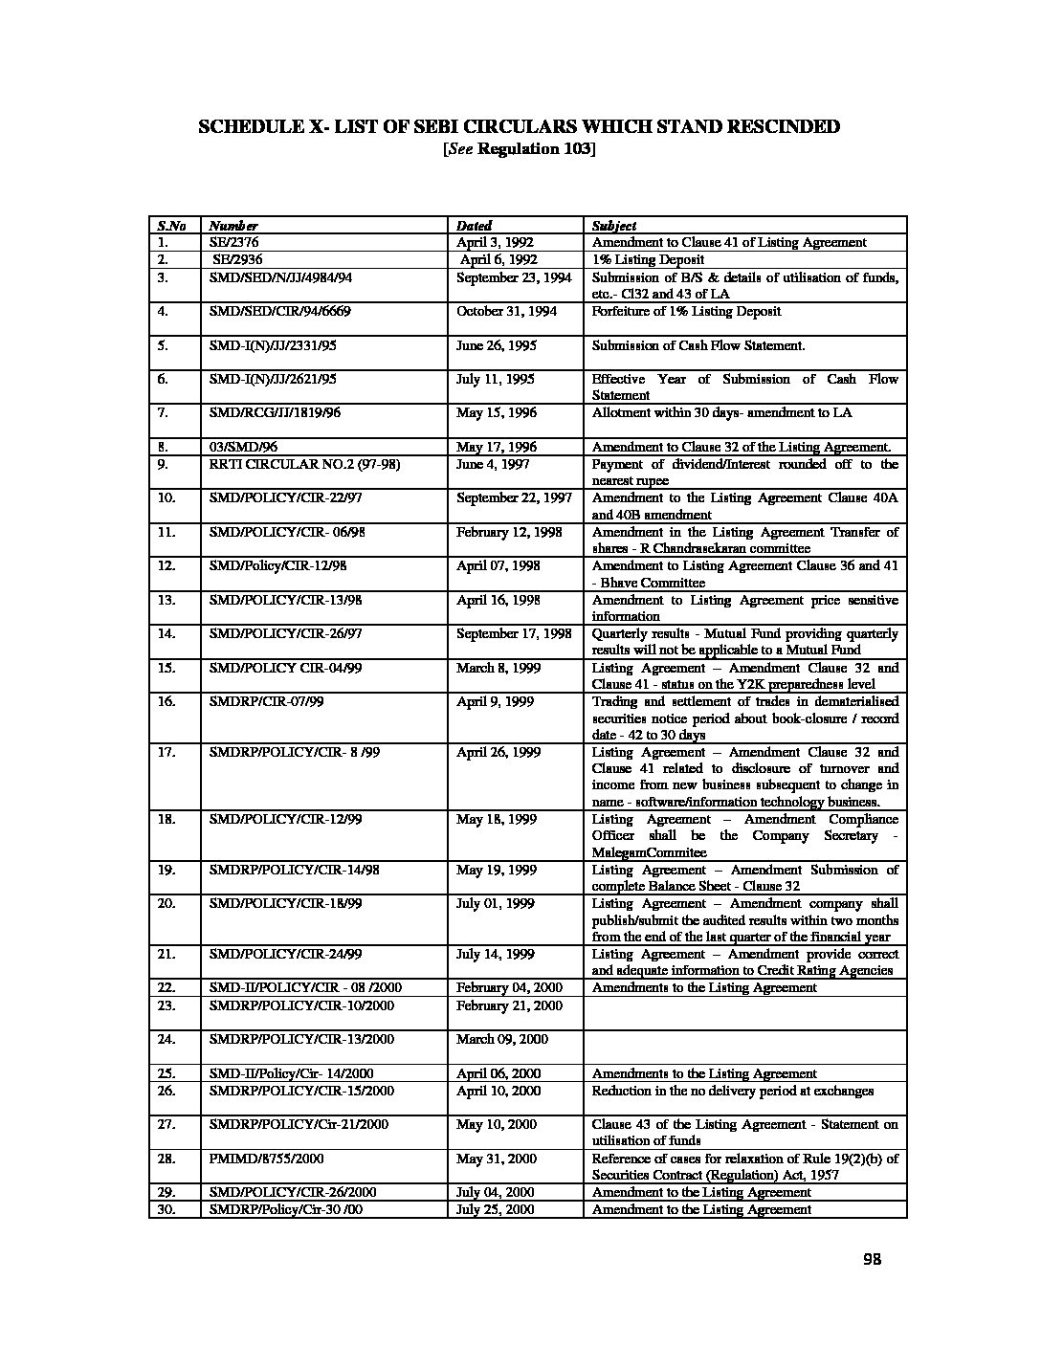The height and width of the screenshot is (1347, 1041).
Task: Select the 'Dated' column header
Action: [x=474, y=226]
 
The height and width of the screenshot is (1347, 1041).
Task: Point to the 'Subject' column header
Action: [x=613, y=226]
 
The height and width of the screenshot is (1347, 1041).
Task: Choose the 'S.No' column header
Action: [x=171, y=226]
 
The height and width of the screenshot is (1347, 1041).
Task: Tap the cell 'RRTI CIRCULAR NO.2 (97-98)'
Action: [x=304, y=464]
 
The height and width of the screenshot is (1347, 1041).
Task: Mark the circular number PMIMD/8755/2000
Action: [x=267, y=1159]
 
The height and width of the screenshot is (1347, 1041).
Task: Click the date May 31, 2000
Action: [x=491, y=1159]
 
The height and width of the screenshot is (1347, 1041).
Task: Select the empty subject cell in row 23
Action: [x=744, y=1013]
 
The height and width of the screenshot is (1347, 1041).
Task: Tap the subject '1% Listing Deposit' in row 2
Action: [x=648, y=259]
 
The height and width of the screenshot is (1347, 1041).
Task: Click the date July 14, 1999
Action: [x=490, y=954]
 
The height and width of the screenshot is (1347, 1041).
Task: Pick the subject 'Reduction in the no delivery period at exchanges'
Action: [x=733, y=1091]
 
